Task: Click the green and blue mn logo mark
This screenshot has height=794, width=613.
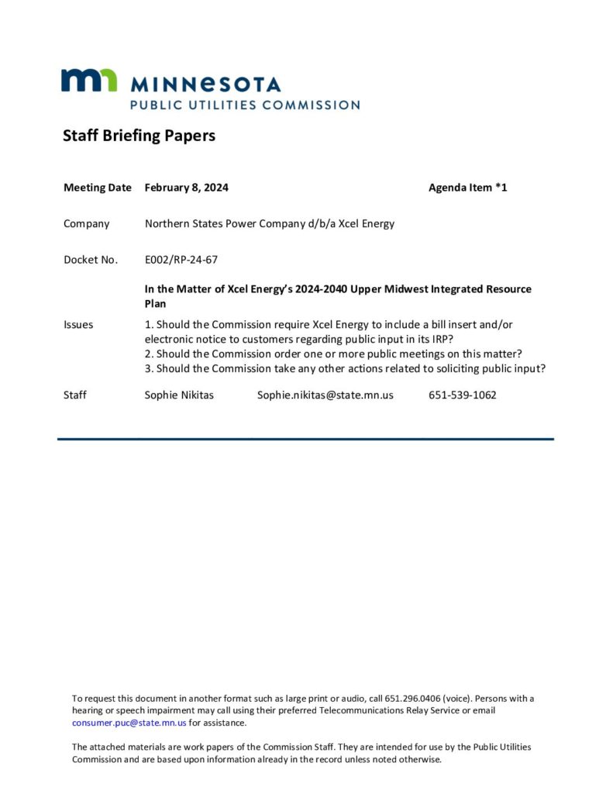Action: pyautogui.click(x=89, y=81)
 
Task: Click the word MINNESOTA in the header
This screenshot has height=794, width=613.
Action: pyautogui.click(x=205, y=84)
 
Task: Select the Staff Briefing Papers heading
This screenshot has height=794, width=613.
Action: pyautogui.click(x=139, y=136)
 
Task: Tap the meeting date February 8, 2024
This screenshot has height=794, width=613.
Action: pyautogui.click(x=186, y=188)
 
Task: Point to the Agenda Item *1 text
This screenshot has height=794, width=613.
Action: pyautogui.click(x=467, y=188)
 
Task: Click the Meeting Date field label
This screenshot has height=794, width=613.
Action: pyautogui.click(x=98, y=188)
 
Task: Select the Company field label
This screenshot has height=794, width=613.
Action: pyautogui.click(x=86, y=224)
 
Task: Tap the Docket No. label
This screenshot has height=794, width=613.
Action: pyautogui.click(x=91, y=260)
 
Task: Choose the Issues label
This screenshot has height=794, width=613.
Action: pyautogui.click(x=78, y=325)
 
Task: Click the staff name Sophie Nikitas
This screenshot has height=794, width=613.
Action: pyautogui.click(x=179, y=395)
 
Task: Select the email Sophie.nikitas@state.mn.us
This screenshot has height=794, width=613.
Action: pyautogui.click(x=325, y=395)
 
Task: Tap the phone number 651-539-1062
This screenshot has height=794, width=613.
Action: pyautogui.click(x=462, y=395)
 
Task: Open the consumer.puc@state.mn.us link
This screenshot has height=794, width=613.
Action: pyautogui.click(x=129, y=723)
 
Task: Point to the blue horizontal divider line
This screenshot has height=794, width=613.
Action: pyautogui.click(x=305, y=439)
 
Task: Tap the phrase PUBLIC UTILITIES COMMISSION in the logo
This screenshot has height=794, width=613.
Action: pyautogui.click(x=244, y=105)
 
